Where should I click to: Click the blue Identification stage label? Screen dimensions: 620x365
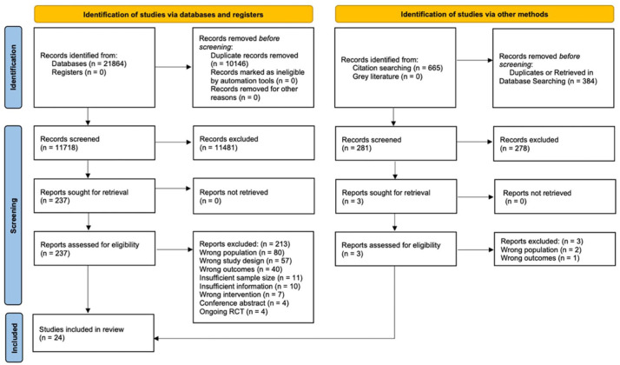tap(13, 67)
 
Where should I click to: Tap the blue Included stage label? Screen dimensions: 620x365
tap(14, 338)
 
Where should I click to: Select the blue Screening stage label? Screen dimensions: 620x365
tap(13, 216)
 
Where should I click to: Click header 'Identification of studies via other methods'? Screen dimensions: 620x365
tap(474, 14)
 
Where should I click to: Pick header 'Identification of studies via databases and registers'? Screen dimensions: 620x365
tap(173, 14)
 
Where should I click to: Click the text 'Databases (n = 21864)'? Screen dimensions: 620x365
tap(89, 63)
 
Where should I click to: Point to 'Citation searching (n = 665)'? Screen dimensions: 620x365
tap(398, 68)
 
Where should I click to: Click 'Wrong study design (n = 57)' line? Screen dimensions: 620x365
tap(245, 261)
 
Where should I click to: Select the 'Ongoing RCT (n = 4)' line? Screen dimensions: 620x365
tap(234, 312)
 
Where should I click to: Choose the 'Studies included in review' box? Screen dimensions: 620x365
tap(93, 334)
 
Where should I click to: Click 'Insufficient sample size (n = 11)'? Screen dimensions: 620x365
tap(251, 278)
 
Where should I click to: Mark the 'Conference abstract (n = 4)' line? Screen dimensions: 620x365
tap(244, 303)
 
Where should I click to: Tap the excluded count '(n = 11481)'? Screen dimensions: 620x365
tap(218, 148)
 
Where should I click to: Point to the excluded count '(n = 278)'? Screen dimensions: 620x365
tap(514, 149)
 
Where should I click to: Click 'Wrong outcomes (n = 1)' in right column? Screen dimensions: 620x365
tap(540, 258)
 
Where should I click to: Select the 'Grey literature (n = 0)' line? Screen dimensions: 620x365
tap(387, 76)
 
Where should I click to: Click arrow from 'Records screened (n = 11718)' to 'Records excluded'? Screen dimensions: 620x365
tap(173, 143)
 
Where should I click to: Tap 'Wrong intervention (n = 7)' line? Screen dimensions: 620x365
tap(241, 295)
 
